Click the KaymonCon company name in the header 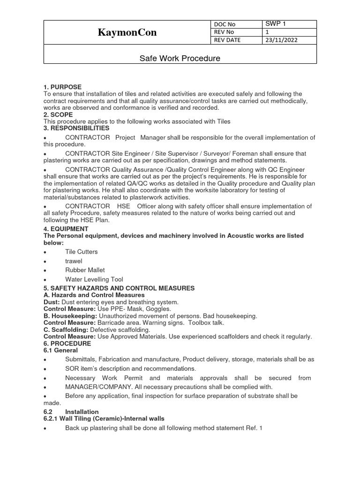pyautogui.click(x=127, y=32)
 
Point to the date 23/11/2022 pyautogui.click(x=281, y=40)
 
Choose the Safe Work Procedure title pyautogui.click(x=180, y=59)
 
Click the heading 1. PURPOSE pyautogui.click(x=62, y=87)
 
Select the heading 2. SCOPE pyautogui.click(x=58, y=114)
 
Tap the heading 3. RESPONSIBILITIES pyautogui.click(x=76, y=128)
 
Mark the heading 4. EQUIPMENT pyautogui.click(x=66, y=229)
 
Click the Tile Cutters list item pyautogui.click(x=82, y=252)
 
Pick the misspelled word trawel pyautogui.click(x=74, y=261)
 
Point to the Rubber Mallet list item pyautogui.click(x=85, y=270)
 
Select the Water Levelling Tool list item pyautogui.click(x=94, y=279)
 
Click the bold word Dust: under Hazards pyautogui.click(x=52, y=302)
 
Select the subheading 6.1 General pyautogui.click(x=60, y=350)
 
